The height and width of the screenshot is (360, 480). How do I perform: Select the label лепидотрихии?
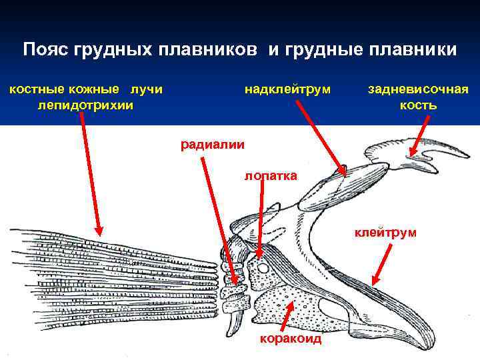click(x=86, y=105)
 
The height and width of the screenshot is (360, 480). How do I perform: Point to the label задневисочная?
click(x=418, y=89)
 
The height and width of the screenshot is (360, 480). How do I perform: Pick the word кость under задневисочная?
click(x=418, y=105)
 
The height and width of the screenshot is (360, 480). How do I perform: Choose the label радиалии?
click(x=213, y=143)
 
